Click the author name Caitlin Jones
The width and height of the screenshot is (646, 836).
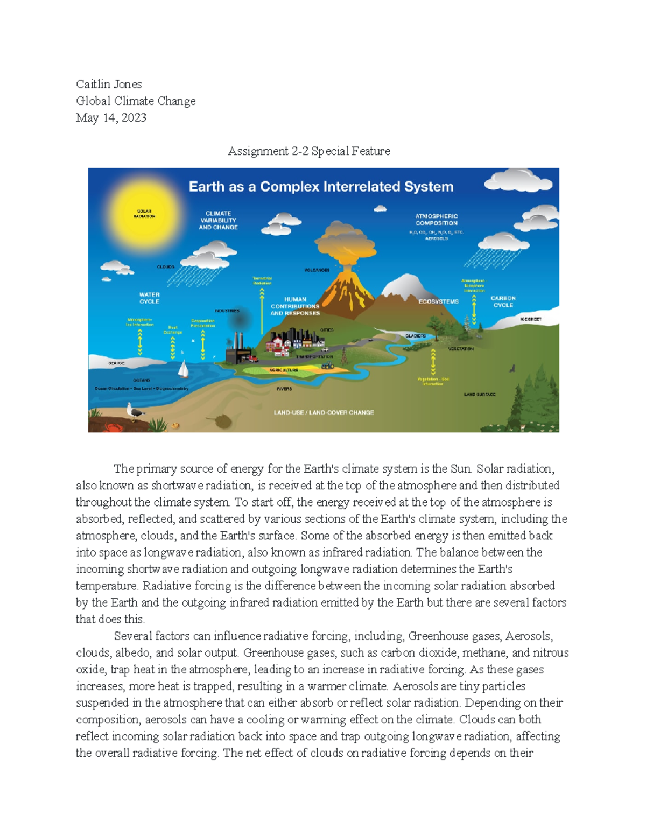pos(109,84)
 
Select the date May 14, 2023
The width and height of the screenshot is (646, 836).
pos(111,117)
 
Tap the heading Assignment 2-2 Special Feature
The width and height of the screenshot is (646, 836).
pos(308,151)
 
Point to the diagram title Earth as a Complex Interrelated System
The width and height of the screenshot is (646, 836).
pos(321,187)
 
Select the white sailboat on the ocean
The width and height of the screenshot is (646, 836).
pos(183,369)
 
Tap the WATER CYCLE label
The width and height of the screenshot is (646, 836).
pos(149,298)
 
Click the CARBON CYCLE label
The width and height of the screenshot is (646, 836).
pos(503,301)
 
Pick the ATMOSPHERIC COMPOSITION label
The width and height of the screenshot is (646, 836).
pos(436,220)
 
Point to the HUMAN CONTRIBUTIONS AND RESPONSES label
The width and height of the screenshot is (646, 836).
pos(295,306)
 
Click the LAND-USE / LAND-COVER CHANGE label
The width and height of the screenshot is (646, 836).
pos(324,412)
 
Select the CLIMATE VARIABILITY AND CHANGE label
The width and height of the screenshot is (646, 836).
pos(218,220)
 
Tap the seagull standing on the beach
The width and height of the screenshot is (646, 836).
pos(135,411)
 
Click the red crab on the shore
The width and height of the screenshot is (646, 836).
pos(114,427)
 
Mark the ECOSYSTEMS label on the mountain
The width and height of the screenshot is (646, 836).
pos(438,302)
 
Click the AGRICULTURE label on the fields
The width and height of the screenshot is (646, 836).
pos(284,370)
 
